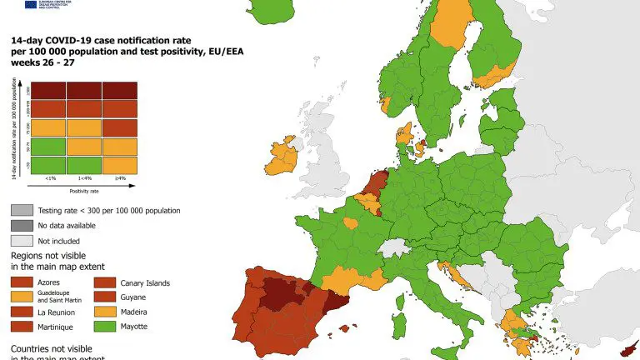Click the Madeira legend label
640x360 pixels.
(x=135, y=312)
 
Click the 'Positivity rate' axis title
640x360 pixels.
(x=86, y=191)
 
